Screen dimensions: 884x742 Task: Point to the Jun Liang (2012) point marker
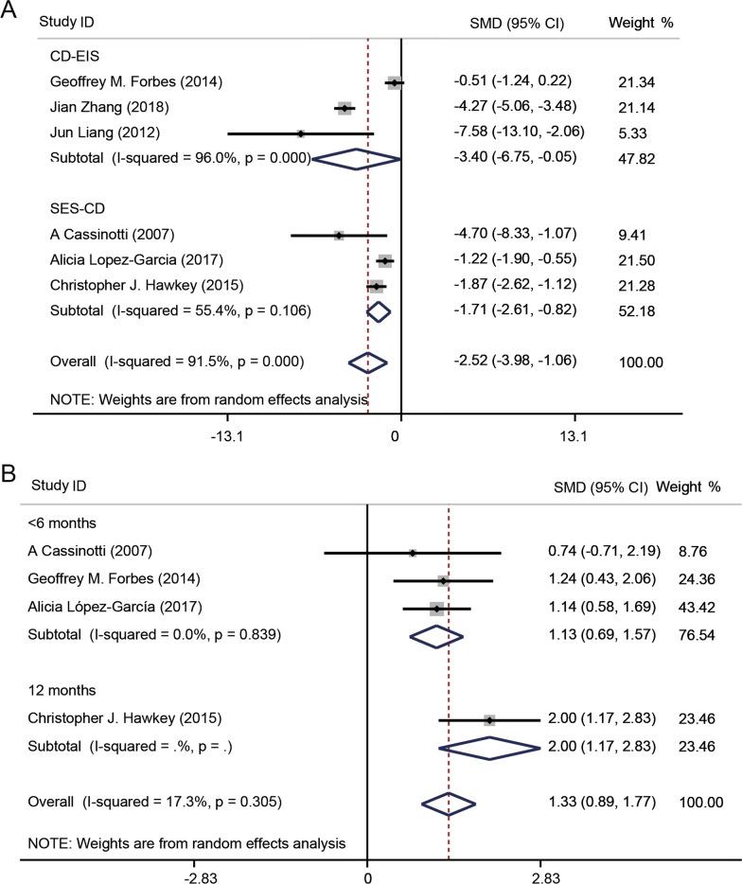301,133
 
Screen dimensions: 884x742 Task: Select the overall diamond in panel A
368,362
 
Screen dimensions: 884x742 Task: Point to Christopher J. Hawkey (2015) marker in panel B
489,720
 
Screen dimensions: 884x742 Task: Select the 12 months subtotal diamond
489,748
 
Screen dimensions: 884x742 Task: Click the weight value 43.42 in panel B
698,607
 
